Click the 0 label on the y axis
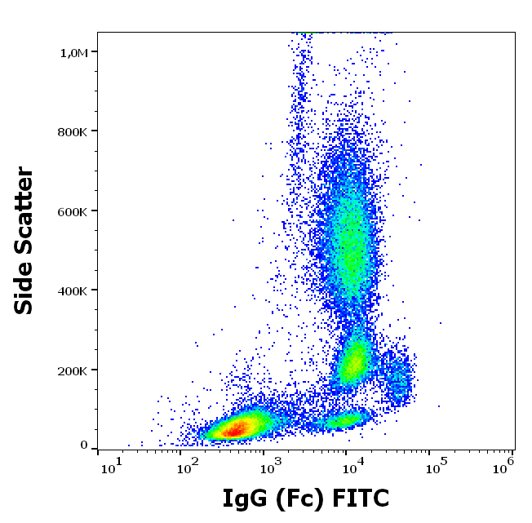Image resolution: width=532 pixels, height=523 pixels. pos(84,445)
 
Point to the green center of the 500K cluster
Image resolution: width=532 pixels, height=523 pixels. pos(352,245)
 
